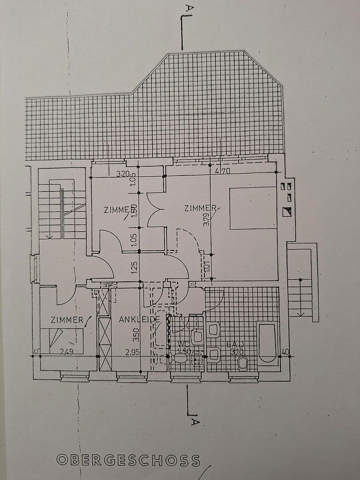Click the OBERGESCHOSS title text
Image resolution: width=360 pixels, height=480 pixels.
pos(128,460)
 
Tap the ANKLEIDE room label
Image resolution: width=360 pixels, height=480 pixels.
pos(139,319)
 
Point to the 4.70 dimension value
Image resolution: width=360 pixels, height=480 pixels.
pos(222,171)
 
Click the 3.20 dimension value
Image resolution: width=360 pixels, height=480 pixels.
pos(123,174)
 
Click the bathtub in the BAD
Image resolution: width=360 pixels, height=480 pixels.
pos(267,343)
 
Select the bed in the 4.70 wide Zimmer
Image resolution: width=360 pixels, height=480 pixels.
pos(252,208)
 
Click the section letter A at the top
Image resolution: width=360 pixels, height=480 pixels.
pos(190,8)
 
